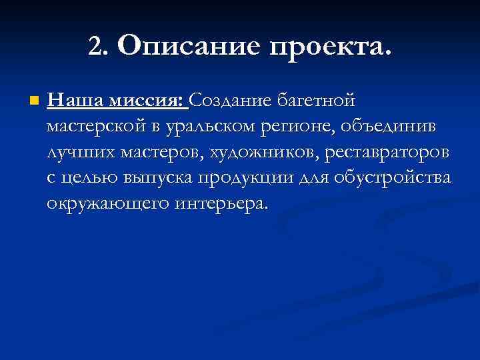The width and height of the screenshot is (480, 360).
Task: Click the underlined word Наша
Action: (73, 101)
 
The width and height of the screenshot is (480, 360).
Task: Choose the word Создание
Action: (231, 101)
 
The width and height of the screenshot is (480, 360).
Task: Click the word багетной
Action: (317, 101)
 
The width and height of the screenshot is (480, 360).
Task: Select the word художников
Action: (265, 152)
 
